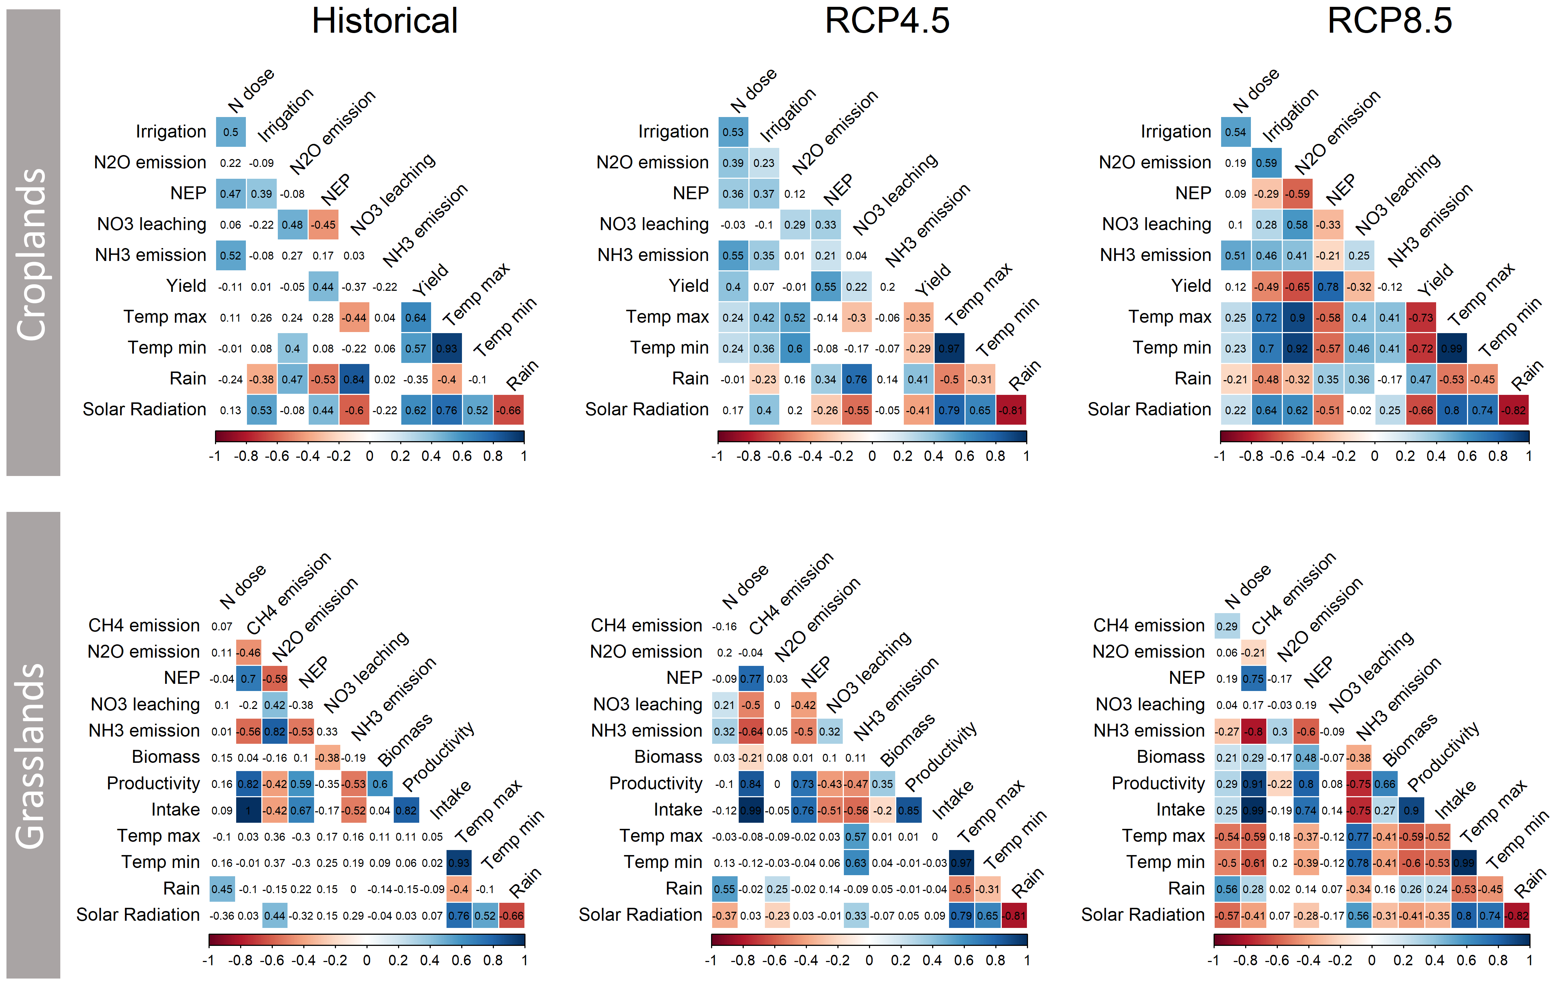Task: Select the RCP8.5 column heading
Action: pyautogui.click(x=1389, y=21)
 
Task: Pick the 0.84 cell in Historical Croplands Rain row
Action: pyautogui.click(x=354, y=379)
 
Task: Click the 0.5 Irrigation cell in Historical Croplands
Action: pyautogui.click(x=231, y=132)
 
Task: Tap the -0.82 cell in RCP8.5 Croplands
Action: pyautogui.click(x=1513, y=410)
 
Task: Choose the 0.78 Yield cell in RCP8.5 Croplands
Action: pyautogui.click(x=1328, y=287)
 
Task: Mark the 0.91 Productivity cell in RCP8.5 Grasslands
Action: pyautogui.click(x=1253, y=784)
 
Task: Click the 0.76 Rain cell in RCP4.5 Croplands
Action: pyautogui.click(x=856, y=379)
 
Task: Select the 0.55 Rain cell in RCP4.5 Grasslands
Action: pyautogui.click(x=724, y=890)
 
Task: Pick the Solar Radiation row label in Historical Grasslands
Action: pyautogui.click(x=137, y=915)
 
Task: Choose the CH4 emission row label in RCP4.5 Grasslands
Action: pyautogui.click(x=646, y=626)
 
